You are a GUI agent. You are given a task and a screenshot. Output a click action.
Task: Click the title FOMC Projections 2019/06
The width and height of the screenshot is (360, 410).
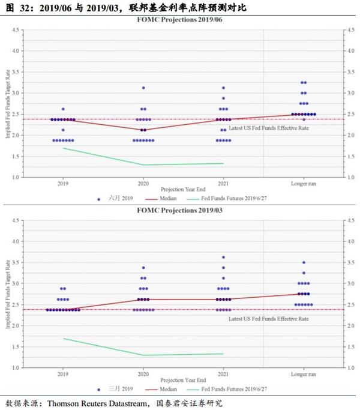pyautogui.click(x=179, y=19)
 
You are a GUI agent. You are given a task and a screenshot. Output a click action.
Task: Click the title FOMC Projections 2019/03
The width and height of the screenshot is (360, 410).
pyautogui.click(x=179, y=210)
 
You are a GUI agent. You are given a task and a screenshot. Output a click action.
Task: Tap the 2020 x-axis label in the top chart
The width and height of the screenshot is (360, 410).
pyautogui.click(x=143, y=182)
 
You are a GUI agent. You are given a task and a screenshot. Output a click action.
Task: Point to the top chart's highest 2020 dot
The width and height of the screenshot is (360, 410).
pyautogui.click(x=143, y=88)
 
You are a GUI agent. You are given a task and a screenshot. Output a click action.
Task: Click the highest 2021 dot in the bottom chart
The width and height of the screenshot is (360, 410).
pyautogui.click(x=223, y=258)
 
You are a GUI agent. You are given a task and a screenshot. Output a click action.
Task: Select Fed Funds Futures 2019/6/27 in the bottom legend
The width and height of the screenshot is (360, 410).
pyautogui.click(x=227, y=389)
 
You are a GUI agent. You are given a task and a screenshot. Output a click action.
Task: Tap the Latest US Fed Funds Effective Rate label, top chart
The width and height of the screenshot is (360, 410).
pyautogui.click(x=268, y=128)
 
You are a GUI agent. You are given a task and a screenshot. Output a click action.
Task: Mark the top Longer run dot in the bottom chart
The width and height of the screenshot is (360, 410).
pyautogui.click(x=303, y=262)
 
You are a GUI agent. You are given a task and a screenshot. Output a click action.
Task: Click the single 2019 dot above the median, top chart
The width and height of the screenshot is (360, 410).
pyautogui.click(x=63, y=109)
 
